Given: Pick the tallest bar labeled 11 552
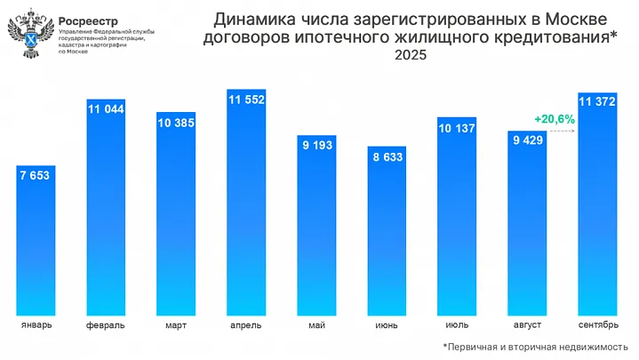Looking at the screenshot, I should tap(246, 204).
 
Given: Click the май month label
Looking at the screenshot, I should tap(316, 325).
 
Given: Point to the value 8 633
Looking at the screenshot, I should tap(386, 157).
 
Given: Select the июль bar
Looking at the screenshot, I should tap(457, 222).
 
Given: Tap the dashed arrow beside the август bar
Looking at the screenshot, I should tap(560, 132).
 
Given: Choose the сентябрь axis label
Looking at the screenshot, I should tap(597, 325).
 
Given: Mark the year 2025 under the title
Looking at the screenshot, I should tap(411, 55).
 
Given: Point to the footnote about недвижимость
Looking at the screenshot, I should tap(536, 347).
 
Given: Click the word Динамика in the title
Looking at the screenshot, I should tap(252, 20).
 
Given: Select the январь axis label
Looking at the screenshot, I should tap(36, 325).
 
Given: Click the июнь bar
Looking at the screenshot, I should tap(386, 240).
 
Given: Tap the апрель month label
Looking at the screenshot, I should tap(246, 325).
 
